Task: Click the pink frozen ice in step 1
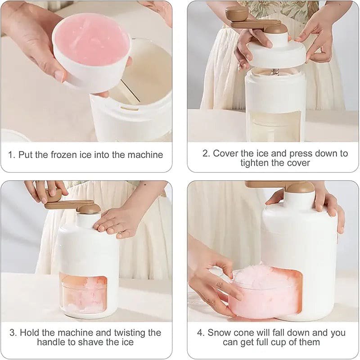click(92, 39)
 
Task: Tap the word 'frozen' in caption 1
click(64, 155)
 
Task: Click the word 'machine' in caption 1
click(145, 155)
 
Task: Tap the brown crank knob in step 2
click(237, 13)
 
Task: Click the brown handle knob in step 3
click(54, 195)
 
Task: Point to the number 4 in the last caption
click(200, 333)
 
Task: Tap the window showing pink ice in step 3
click(83, 293)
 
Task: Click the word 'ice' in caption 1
click(85, 155)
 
